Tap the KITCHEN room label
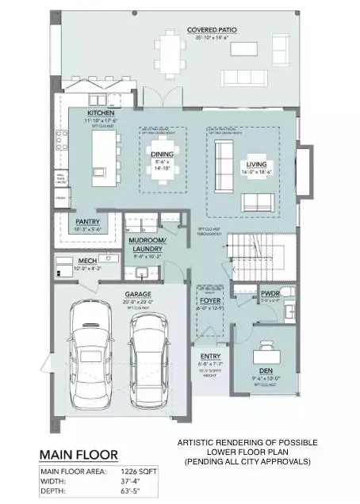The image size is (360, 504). tap(101, 113)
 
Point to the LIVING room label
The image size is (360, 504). tap(256, 155)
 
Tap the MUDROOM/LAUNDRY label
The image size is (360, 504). tap(147, 243)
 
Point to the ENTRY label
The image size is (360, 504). tap(210, 356)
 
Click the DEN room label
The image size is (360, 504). tap(266, 370)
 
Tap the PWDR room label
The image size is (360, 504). tap(270, 294)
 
